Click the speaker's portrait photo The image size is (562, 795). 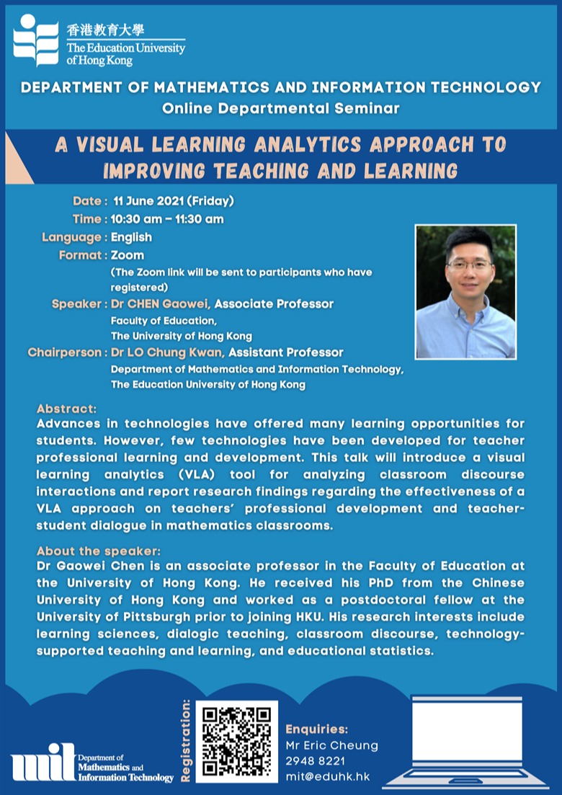click(465, 292)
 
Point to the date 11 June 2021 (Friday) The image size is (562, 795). click(173, 201)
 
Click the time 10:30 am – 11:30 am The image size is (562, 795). click(167, 219)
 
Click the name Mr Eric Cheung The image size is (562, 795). click(331, 745)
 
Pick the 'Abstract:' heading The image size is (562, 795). click(66, 409)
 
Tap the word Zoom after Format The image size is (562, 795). click(128, 255)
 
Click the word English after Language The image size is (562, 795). click(131, 237)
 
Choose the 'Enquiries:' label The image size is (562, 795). click(317, 729)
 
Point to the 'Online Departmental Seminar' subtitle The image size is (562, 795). click(281, 109)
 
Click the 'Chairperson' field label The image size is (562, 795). click(65, 352)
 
